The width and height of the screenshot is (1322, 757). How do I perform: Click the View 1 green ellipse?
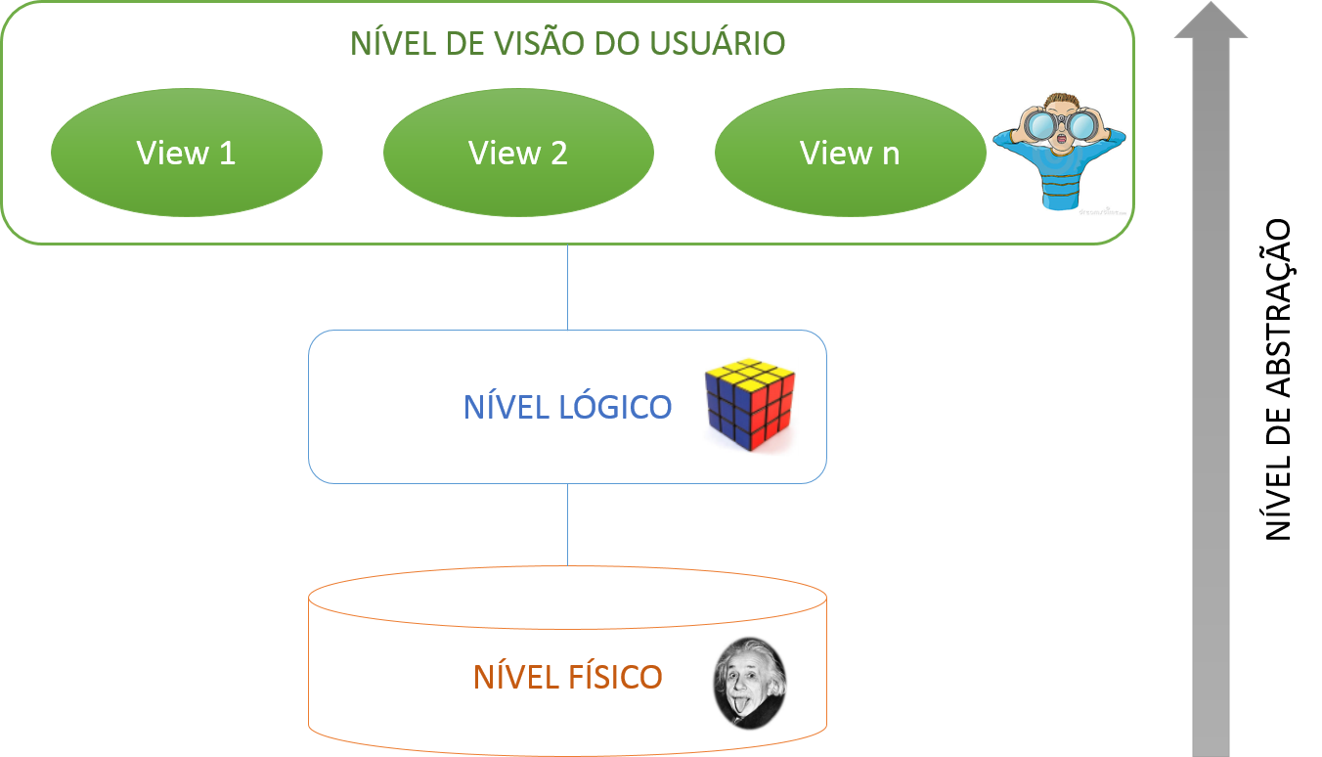[x=186, y=153]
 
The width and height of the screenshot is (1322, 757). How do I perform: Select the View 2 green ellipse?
[x=518, y=153]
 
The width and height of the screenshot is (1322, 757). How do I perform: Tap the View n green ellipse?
[x=850, y=153]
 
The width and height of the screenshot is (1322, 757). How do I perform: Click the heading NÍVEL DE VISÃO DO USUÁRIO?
[x=567, y=44]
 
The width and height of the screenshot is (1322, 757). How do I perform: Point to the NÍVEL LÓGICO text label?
[x=567, y=407]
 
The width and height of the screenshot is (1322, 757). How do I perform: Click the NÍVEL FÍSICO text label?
[x=567, y=677]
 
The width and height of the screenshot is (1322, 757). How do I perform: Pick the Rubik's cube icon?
[x=750, y=407]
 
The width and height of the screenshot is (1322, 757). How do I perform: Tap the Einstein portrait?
[x=749, y=683]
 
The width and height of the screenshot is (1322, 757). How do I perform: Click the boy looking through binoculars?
[x=1061, y=152]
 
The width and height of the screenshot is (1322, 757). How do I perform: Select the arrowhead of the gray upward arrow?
[x=1211, y=22]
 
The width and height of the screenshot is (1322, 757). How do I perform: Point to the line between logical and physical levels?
[x=567, y=523]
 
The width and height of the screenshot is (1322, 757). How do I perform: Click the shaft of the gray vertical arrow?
[x=1211, y=391]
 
